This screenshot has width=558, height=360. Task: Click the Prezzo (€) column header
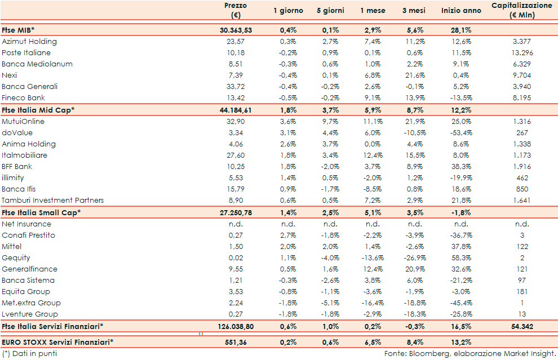click(x=235, y=11)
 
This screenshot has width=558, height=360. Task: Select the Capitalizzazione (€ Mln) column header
click(x=521, y=11)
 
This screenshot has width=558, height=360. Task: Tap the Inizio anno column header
click(x=461, y=11)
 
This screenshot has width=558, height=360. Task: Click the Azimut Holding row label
click(x=29, y=42)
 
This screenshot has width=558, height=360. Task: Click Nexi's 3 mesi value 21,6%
click(x=416, y=75)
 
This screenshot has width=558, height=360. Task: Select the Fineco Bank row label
click(x=23, y=98)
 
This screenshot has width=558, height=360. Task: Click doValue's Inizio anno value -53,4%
click(x=460, y=133)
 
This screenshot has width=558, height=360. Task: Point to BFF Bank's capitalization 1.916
click(x=522, y=167)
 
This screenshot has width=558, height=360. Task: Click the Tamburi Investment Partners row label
click(x=52, y=201)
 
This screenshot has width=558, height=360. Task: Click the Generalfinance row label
click(x=29, y=269)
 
